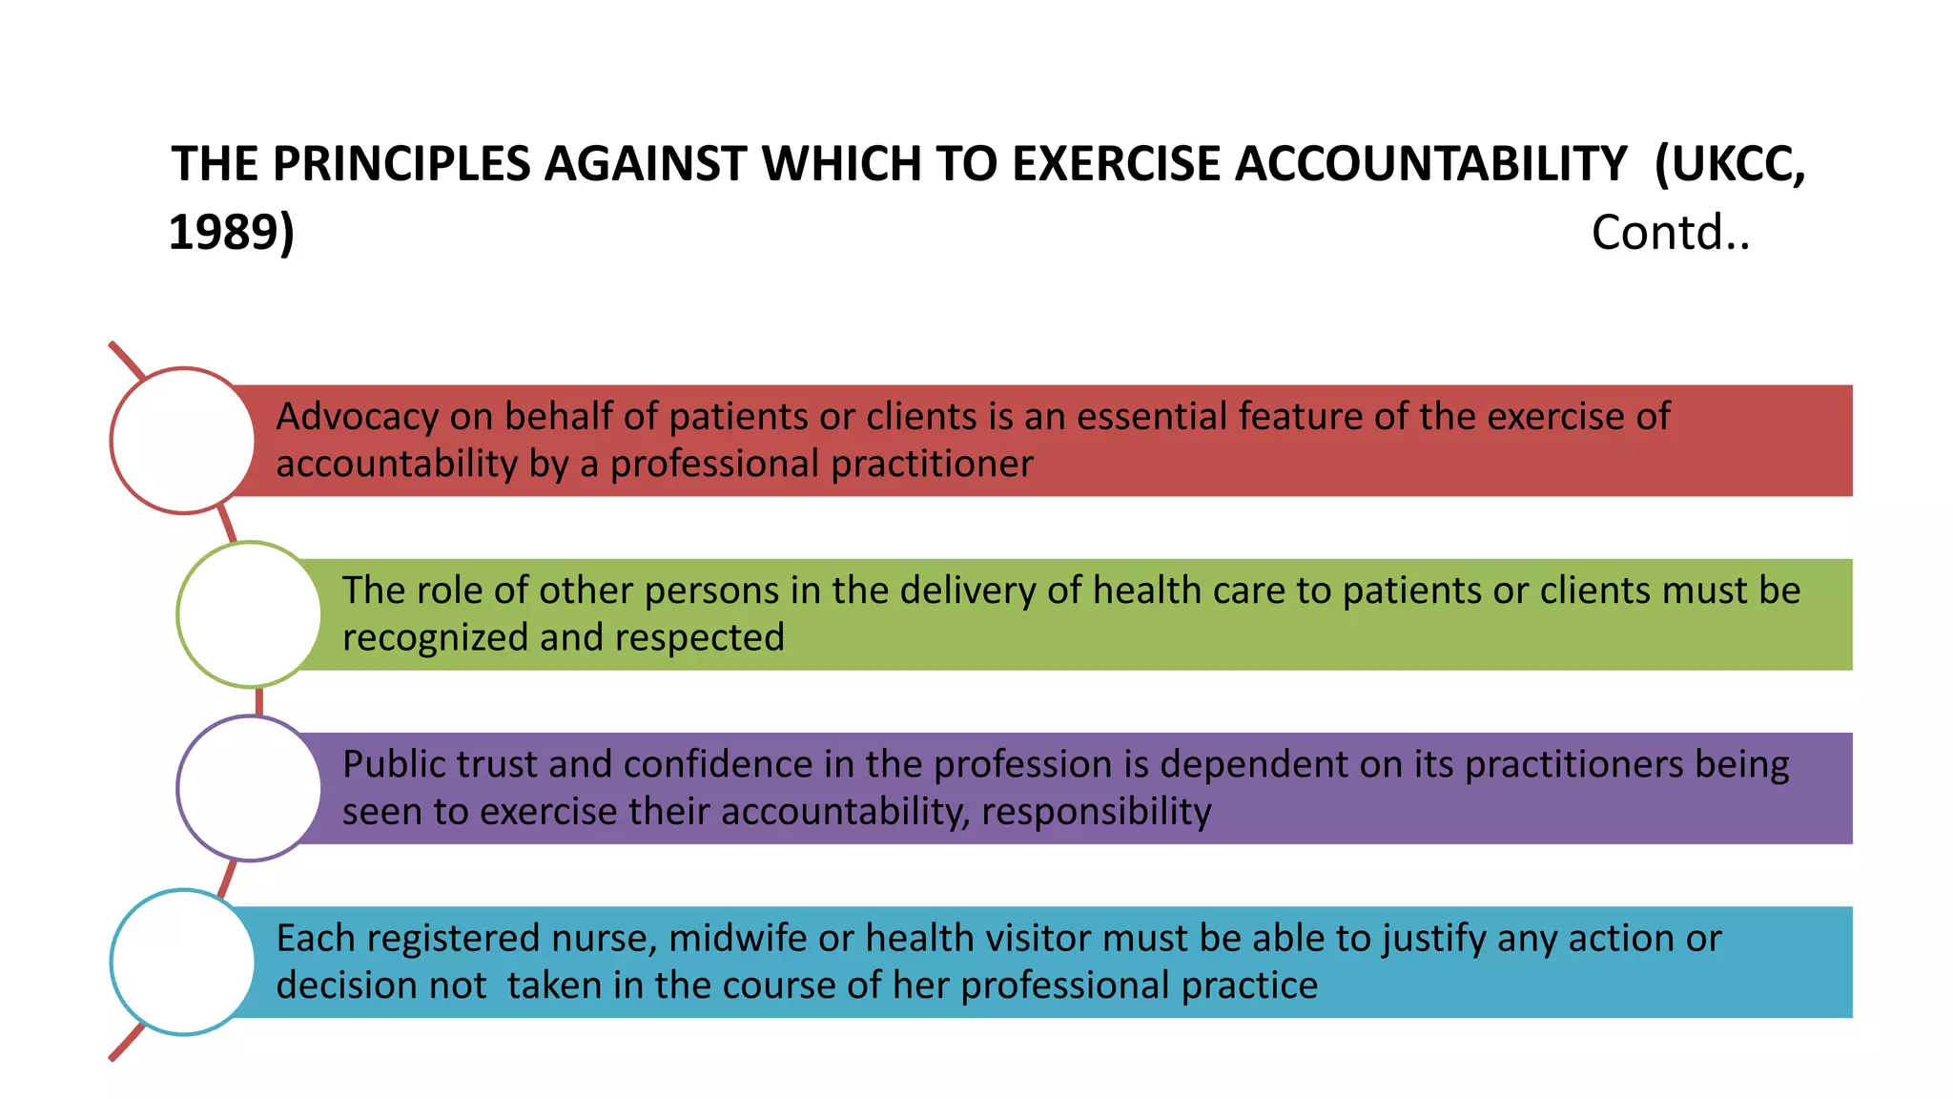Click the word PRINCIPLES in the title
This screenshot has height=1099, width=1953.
coord(401,164)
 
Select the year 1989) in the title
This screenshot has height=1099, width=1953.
coord(232,233)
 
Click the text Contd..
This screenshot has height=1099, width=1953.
coord(1670,233)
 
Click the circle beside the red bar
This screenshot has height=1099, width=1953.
coord(183,441)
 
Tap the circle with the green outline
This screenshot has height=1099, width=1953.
coord(250,614)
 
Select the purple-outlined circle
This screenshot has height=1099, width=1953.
coord(250,788)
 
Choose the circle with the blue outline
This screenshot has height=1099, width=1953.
coord(183,962)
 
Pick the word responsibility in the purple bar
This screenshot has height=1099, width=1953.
coord(1096,812)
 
